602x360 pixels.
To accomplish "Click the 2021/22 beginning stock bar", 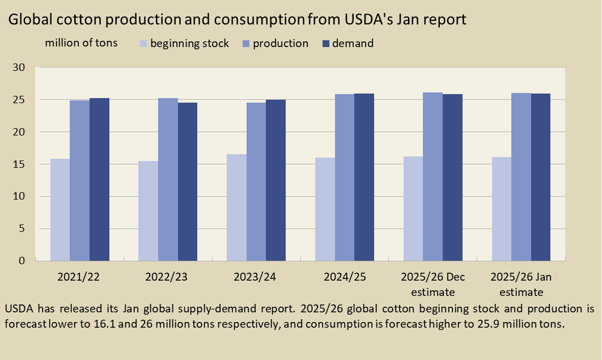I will coord(60,210).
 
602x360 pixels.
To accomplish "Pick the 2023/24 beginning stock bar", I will coord(236,207).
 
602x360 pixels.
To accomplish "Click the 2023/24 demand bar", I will coord(275,180).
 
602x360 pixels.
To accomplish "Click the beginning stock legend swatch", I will coord(143,44).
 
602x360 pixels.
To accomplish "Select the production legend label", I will coord(281,44).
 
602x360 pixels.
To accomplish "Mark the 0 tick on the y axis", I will coord(22,261).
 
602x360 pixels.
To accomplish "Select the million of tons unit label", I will coord(81,43).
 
